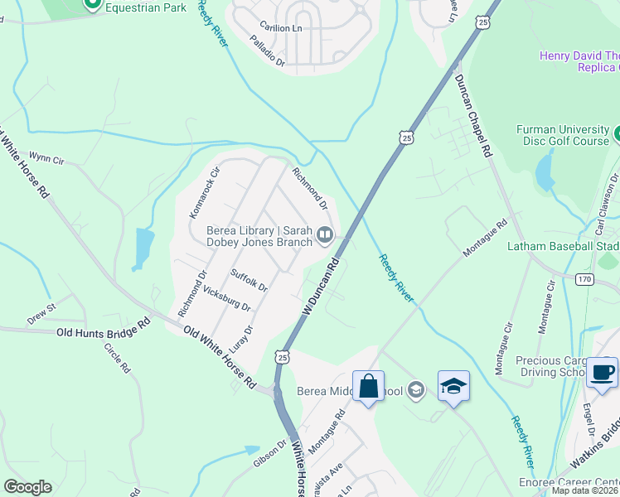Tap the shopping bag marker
pos(368,385)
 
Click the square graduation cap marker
pos(453,385)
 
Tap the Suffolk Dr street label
pos(249,280)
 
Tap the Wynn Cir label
pos(46,157)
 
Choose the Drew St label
pos(41,312)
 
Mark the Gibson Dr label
pos(269,452)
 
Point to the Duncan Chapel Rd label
pos(473,115)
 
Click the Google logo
pos(27,487)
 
